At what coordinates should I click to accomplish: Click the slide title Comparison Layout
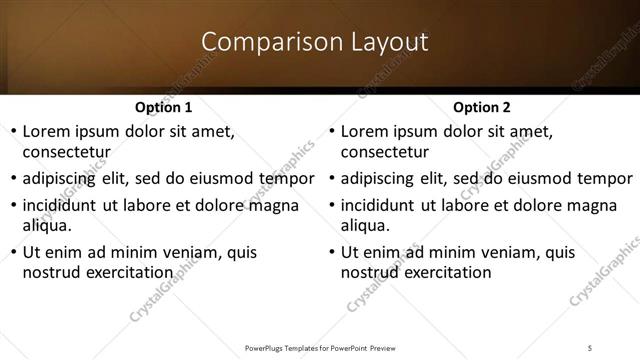coord(315,42)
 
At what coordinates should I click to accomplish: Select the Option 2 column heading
coord(481,107)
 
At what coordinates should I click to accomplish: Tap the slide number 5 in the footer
coord(591,348)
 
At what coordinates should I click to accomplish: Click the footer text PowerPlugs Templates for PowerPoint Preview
coord(320,348)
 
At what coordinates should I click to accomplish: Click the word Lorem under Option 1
coord(47,131)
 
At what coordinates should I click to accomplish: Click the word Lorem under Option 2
coord(366,131)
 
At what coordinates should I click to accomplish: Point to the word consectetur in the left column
coord(65,152)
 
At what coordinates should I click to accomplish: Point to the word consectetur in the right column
coord(384,152)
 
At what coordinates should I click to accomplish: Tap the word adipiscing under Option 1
coord(62,179)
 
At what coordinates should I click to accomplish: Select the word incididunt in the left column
coord(62,205)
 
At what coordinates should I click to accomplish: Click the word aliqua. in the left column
coord(45,225)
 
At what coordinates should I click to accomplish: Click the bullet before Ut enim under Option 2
coord(331,252)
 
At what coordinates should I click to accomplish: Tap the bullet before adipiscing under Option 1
coord(12,179)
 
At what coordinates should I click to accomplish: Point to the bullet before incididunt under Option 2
coord(331,205)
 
